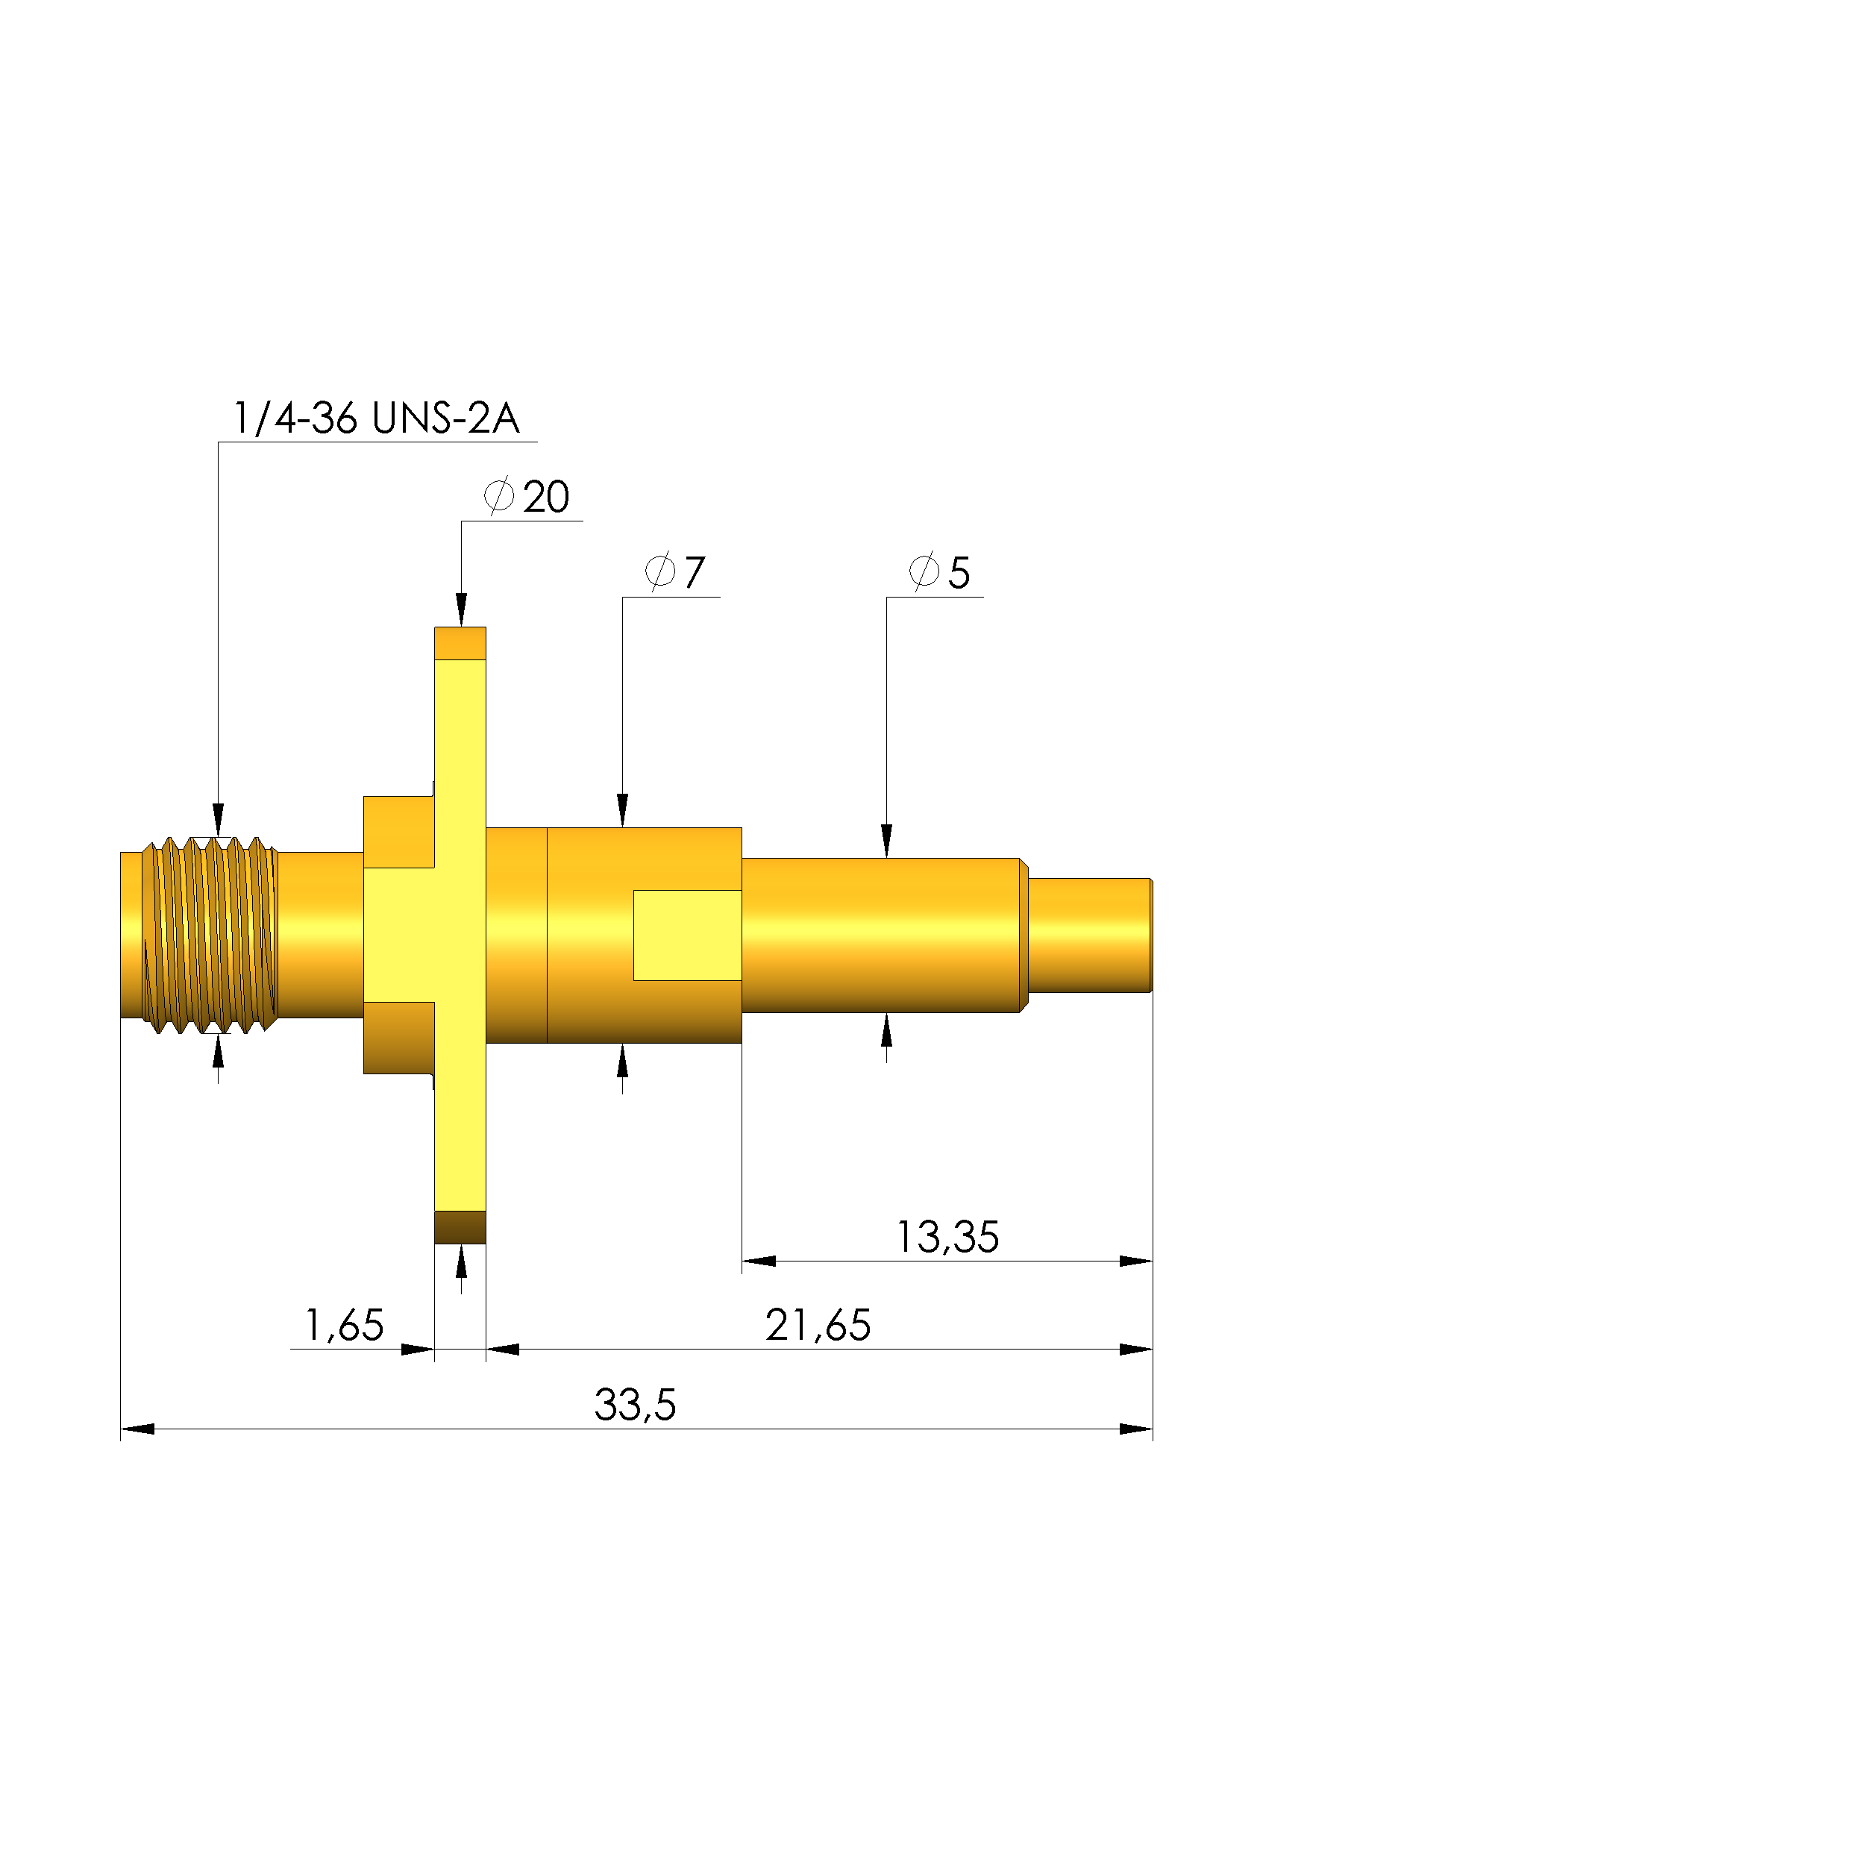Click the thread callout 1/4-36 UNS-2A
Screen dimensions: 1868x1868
pyautogui.click(x=376, y=419)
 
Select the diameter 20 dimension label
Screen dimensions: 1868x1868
pyautogui.click(x=527, y=497)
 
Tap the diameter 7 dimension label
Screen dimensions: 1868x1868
pyautogui.click(x=675, y=572)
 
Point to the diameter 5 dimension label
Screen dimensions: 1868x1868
pyautogui.click(x=938, y=572)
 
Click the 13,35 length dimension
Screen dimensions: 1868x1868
pyautogui.click(x=947, y=1238)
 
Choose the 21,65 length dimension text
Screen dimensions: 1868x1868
pyautogui.click(x=818, y=1326)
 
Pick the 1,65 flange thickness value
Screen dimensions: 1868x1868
pyautogui.click(x=344, y=1326)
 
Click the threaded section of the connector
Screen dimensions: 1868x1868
pyautogui.click(x=210, y=935)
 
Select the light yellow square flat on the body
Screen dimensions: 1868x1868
pyautogui.click(x=688, y=935)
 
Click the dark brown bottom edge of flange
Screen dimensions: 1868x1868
pyautogui.click(x=460, y=1227)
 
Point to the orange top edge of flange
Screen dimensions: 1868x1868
pyautogui.click(x=460, y=644)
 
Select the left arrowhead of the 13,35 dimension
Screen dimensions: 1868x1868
pyautogui.click(x=759, y=1261)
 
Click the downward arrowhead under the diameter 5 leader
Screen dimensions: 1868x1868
pyautogui.click(x=886, y=841)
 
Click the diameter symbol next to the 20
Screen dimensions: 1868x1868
pyautogui.click(x=499, y=496)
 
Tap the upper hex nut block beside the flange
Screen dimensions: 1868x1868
pyautogui.click(x=398, y=832)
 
